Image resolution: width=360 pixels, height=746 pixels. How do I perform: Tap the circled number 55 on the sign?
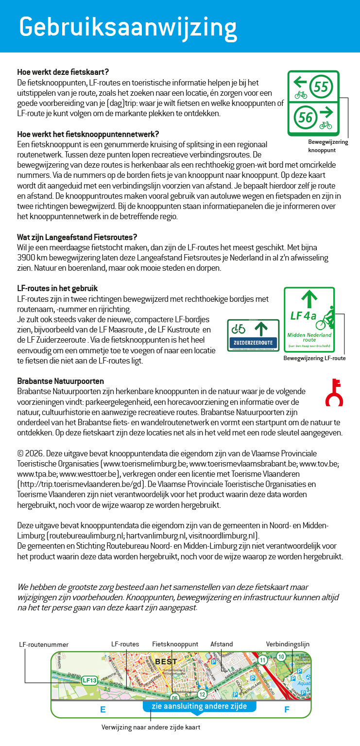coord(321,87)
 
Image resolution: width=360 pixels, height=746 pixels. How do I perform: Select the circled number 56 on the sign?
coord(305,117)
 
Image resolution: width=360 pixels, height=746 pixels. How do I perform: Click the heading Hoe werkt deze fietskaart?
coord(63,72)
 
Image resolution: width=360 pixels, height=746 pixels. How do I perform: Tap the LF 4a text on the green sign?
coord(303,316)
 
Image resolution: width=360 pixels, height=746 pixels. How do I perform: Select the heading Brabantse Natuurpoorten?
coord(60,381)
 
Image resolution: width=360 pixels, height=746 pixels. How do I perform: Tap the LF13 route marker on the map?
coord(89,680)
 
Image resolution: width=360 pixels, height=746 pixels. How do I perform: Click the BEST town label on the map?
coord(166,661)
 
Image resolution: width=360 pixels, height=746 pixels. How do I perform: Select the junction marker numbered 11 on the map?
coord(262,660)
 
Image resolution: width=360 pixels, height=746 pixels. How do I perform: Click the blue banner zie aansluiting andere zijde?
coord(199,706)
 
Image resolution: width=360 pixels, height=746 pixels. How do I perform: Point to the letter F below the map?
coord(287,710)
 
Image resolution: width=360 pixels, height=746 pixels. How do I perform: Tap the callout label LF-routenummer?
coord(44,644)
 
